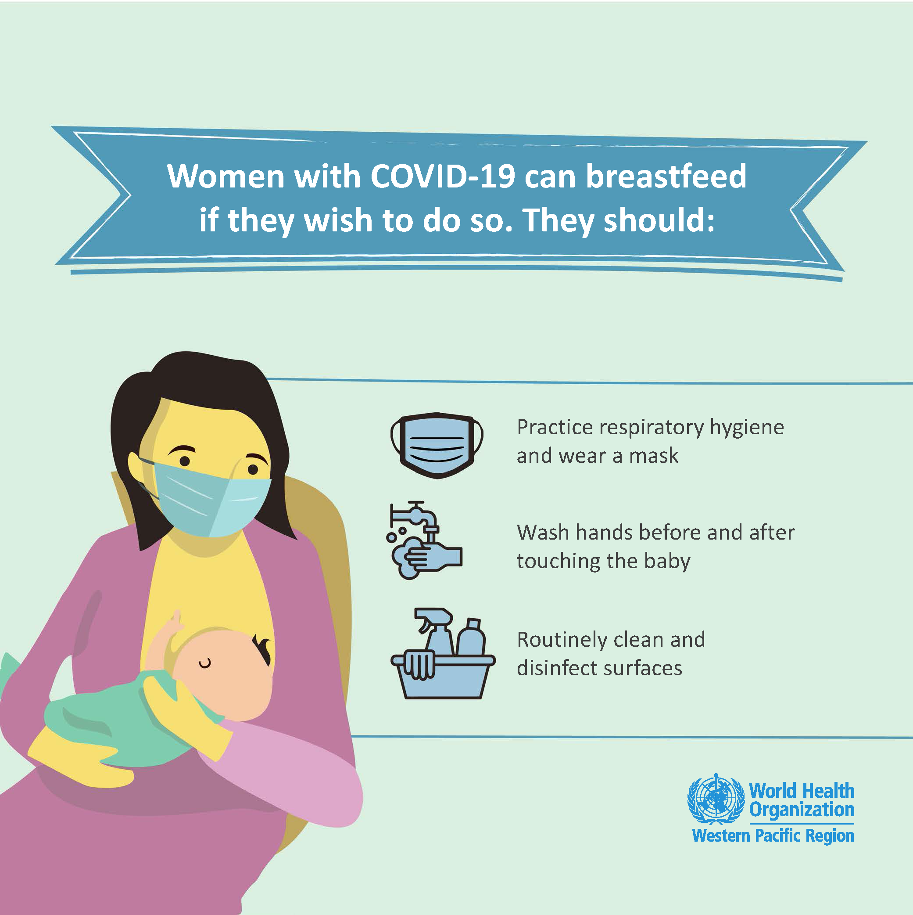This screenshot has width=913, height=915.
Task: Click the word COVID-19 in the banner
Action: pyautogui.click(x=443, y=176)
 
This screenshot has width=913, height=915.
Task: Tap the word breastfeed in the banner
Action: pyautogui.click(x=666, y=176)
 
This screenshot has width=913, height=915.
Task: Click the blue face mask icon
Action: pyautogui.click(x=437, y=445)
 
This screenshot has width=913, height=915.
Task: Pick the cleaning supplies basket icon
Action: pyautogui.click(x=443, y=654)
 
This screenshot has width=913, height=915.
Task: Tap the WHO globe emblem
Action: pyautogui.click(x=715, y=800)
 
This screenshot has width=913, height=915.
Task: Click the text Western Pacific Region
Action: pyautogui.click(x=773, y=836)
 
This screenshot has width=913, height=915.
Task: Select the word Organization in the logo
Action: pyautogui.click(x=802, y=810)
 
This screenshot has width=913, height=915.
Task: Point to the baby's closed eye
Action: pyautogui.click(x=205, y=664)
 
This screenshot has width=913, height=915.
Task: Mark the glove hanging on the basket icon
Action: pyautogui.click(x=419, y=666)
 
